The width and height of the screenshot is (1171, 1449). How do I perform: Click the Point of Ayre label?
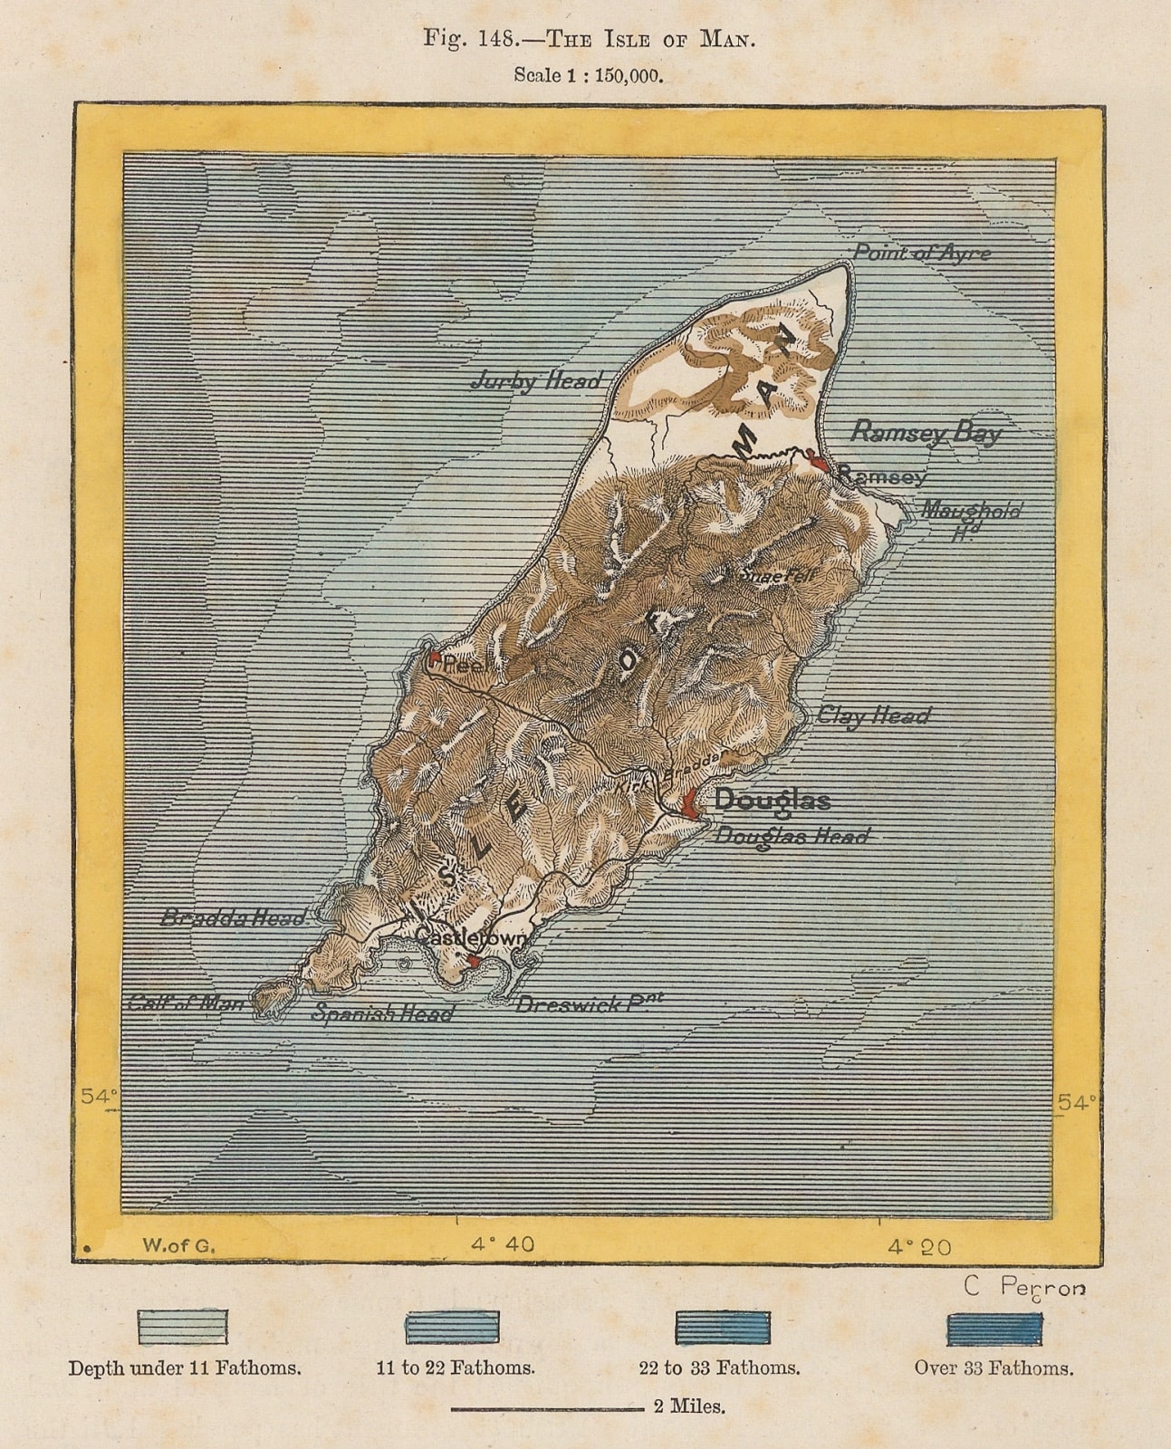[922, 253]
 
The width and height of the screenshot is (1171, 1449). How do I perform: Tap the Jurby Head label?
[536, 381]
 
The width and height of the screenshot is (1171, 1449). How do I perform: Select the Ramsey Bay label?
[926, 432]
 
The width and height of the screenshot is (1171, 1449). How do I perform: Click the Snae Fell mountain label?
[777, 574]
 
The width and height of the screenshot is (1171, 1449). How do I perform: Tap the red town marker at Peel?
[435, 657]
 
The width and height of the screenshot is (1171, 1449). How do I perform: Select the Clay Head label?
[873, 715]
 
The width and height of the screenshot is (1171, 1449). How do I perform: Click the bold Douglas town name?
[772, 800]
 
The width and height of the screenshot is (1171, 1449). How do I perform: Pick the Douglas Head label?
[792, 835]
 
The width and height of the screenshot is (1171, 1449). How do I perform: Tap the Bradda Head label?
[233, 917]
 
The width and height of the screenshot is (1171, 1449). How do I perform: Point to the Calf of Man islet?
[271, 999]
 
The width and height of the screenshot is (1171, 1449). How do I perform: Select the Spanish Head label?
[382, 1013]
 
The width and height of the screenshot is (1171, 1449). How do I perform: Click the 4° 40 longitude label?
[503, 1244]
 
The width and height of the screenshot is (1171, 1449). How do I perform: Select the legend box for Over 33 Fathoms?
[993, 1329]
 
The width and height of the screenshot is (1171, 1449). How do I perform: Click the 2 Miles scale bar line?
[547, 1409]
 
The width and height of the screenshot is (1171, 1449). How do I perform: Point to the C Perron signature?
[1023, 1287]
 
